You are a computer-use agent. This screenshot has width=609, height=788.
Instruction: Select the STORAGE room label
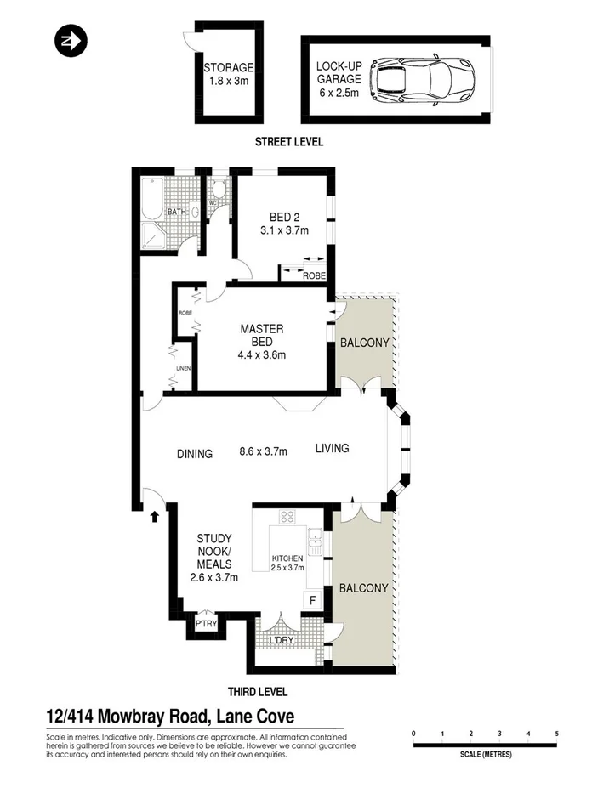point(229,67)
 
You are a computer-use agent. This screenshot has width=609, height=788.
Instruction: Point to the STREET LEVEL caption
point(289,142)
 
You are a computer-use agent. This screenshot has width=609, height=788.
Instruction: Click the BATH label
point(176,212)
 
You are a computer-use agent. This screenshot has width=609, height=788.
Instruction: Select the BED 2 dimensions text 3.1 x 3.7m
point(284,230)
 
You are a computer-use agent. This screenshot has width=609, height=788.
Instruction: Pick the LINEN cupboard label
point(184,368)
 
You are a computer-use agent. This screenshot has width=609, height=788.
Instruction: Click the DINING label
point(195,453)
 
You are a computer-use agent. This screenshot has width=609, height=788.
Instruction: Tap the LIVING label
point(332,449)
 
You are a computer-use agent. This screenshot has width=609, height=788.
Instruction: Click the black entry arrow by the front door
point(156,515)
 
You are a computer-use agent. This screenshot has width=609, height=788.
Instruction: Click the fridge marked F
point(312,600)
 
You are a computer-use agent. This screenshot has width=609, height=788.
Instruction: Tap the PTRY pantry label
point(207,623)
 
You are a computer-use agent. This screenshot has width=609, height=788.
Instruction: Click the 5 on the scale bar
point(556,732)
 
